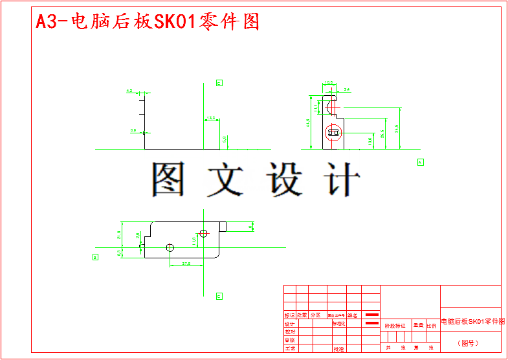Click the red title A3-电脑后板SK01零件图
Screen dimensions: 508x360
(x=148, y=21)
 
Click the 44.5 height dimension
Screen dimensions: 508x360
(x=308, y=123)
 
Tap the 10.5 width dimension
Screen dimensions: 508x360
(x=328, y=83)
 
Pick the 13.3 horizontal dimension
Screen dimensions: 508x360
(x=211, y=118)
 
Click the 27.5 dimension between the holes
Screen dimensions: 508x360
(x=186, y=263)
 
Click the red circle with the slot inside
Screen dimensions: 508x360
(x=334, y=132)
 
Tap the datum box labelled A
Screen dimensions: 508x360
(x=420, y=162)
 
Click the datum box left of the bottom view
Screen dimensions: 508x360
(x=95, y=257)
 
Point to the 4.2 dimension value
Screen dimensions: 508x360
(x=129, y=91)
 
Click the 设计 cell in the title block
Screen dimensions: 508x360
(x=290, y=324)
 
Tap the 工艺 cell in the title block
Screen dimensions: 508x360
(x=290, y=348)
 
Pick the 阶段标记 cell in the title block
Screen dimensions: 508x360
(x=395, y=326)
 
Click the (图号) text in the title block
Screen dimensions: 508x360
(x=470, y=343)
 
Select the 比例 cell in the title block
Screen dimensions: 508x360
(x=431, y=326)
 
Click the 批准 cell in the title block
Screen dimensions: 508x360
(x=338, y=348)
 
